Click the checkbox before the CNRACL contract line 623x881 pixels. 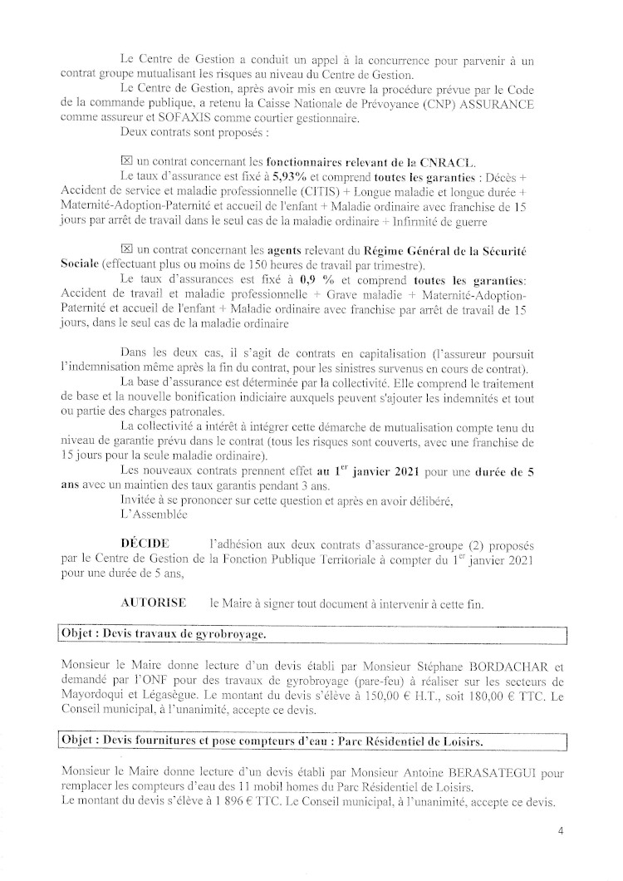[x=126, y=160]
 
